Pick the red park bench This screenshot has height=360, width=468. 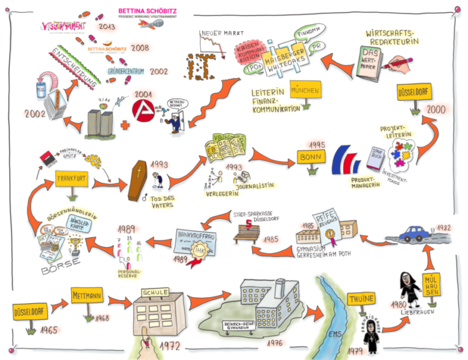coord(250,233)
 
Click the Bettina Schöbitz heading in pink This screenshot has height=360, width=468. coord(147,11)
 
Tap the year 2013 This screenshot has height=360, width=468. coord(108,26)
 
